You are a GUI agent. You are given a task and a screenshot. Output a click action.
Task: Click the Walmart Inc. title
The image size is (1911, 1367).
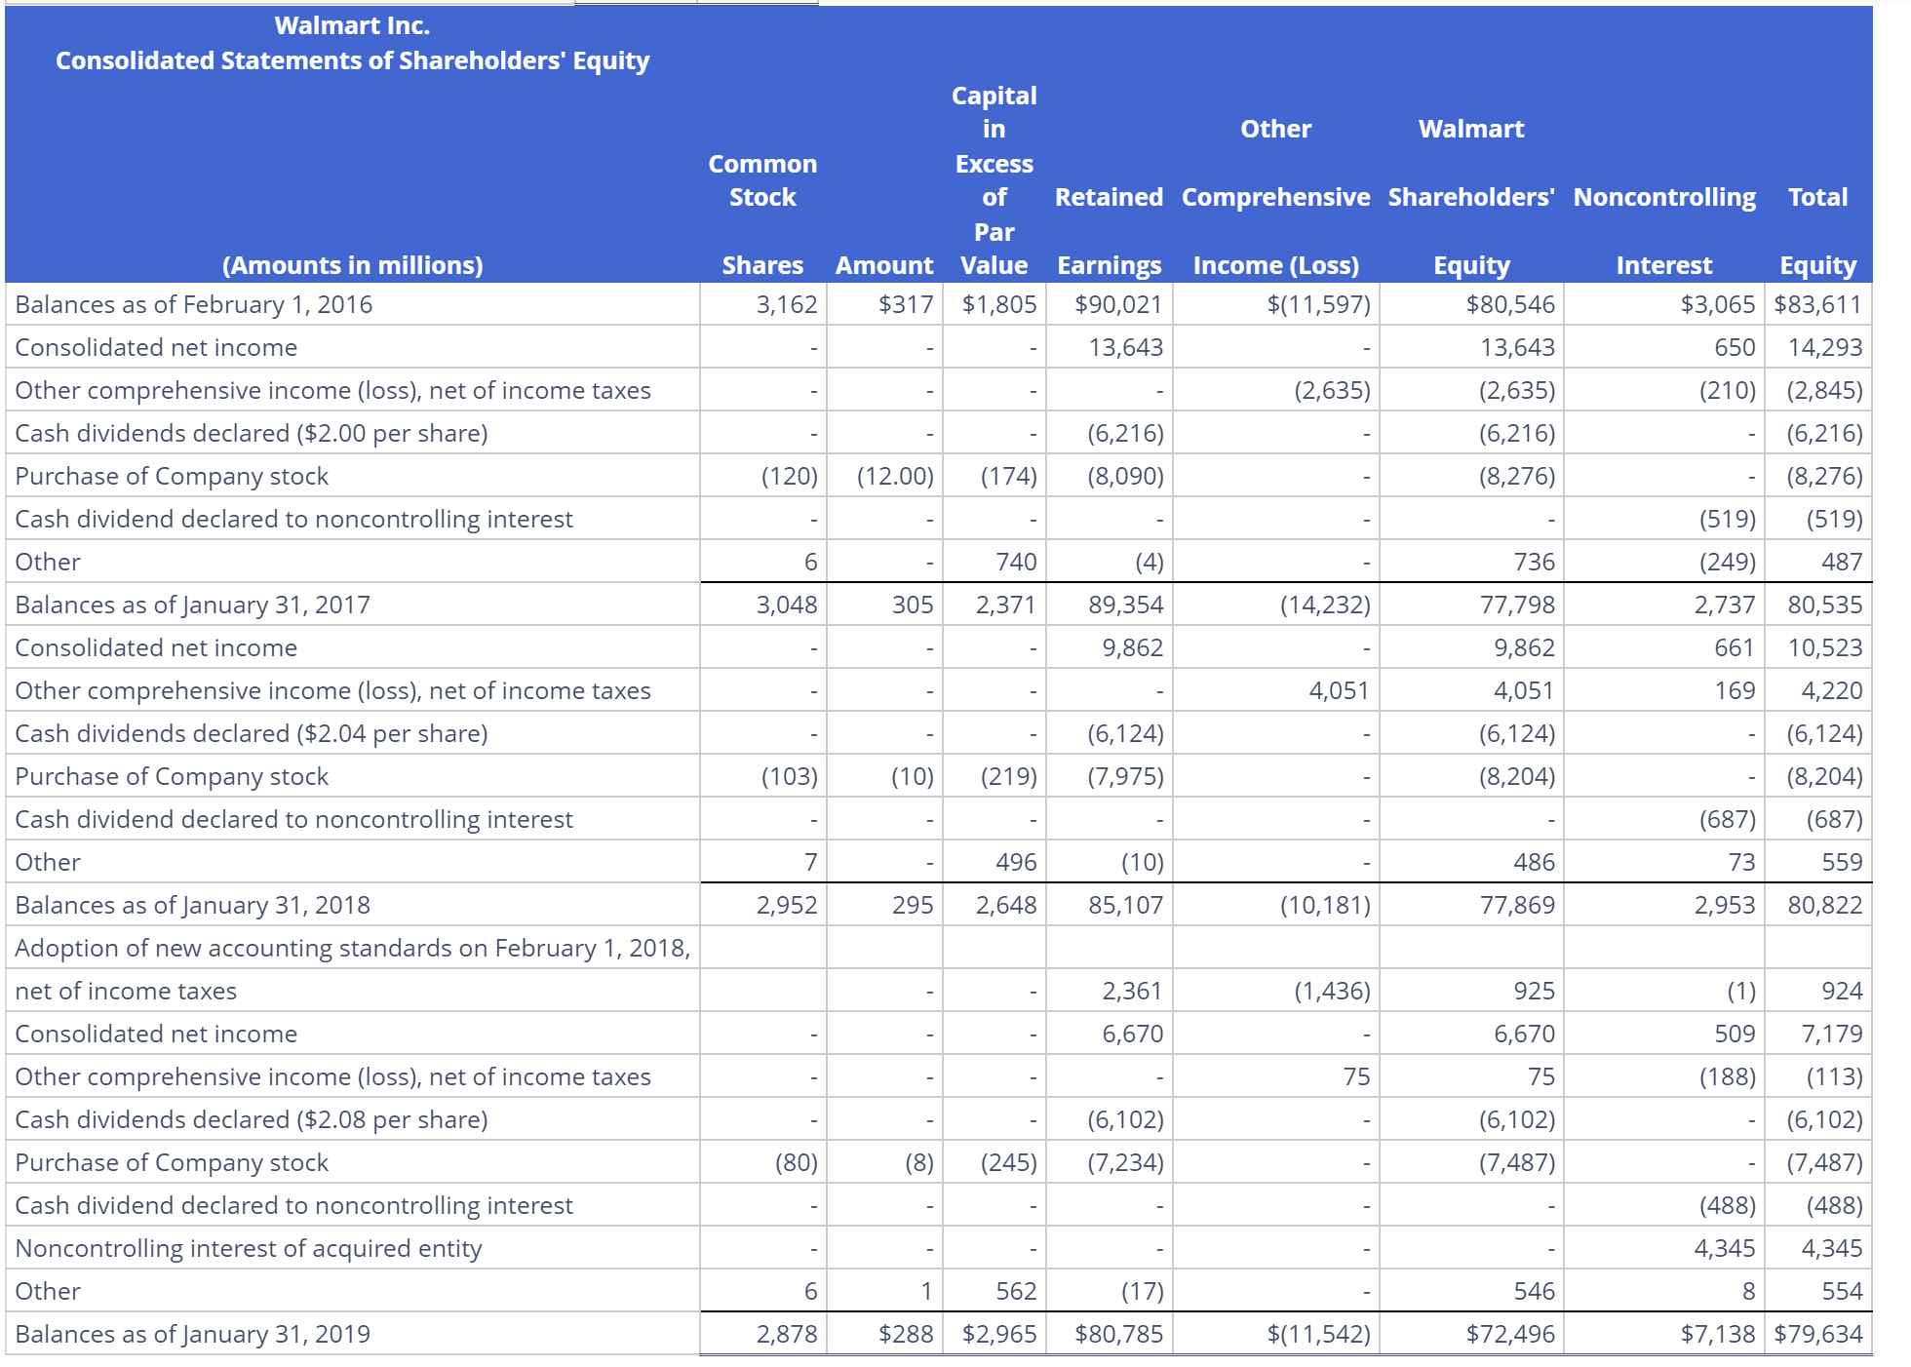[352, 25]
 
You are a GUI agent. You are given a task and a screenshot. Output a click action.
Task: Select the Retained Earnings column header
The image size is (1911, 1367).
[1110, 231]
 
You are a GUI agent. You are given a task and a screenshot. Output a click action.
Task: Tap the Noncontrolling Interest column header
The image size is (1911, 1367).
[1664, 231]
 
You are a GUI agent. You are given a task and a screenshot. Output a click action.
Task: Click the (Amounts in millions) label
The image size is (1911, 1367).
[352, 265]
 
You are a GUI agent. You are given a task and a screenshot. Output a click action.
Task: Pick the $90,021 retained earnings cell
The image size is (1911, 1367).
[1118, 304]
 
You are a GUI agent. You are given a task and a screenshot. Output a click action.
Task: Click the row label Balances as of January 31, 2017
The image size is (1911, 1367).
[193, 605]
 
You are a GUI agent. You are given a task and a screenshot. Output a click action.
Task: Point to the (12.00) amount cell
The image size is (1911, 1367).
[895, 476]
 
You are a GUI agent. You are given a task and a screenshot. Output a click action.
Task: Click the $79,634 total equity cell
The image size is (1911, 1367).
[1818, 1334]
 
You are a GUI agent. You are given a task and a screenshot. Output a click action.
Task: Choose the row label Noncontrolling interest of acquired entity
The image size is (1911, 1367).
[249, 1248]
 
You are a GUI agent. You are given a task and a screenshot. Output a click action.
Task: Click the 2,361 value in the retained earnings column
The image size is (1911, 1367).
[1132, 991]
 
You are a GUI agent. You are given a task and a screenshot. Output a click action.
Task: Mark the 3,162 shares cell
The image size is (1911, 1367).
[786, 304]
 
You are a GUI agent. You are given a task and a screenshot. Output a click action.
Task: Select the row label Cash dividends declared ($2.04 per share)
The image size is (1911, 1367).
[252, 733]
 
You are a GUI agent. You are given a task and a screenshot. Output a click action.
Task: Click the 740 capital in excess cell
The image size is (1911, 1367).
[1016, 562]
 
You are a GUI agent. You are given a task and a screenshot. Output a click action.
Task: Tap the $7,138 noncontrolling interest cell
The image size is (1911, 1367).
[1718, 1334]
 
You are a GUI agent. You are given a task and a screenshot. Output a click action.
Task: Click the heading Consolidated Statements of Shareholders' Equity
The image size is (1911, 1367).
[352, 60]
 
